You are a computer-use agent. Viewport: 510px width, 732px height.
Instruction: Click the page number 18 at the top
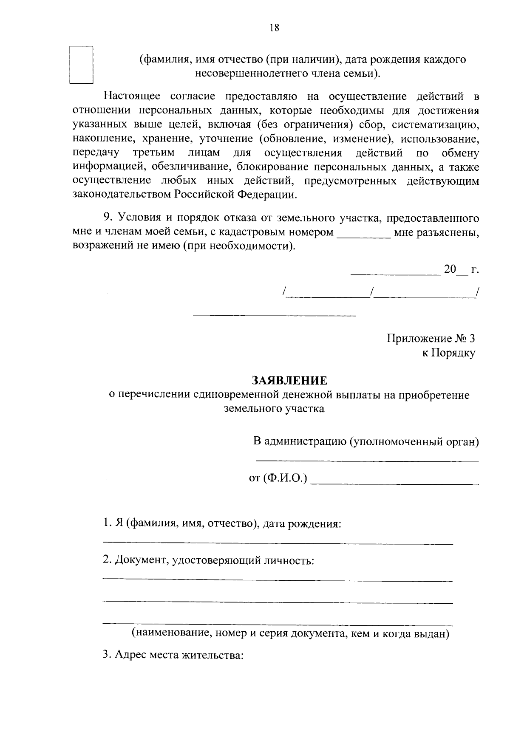point(274,28)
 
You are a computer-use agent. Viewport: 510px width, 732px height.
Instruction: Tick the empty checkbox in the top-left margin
point(81,65)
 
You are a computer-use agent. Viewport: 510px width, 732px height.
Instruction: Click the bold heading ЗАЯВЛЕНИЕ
point(290,380)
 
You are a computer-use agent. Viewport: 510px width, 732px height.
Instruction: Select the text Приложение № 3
point(431,339)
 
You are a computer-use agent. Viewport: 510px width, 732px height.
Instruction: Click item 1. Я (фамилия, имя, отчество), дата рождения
point(222,524)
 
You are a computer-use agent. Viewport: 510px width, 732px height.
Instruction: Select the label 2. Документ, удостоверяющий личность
point(209,560)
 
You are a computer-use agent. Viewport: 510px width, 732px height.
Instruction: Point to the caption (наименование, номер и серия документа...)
point(291,633)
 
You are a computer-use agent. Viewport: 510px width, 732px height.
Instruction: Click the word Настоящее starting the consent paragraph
point(133,96)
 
